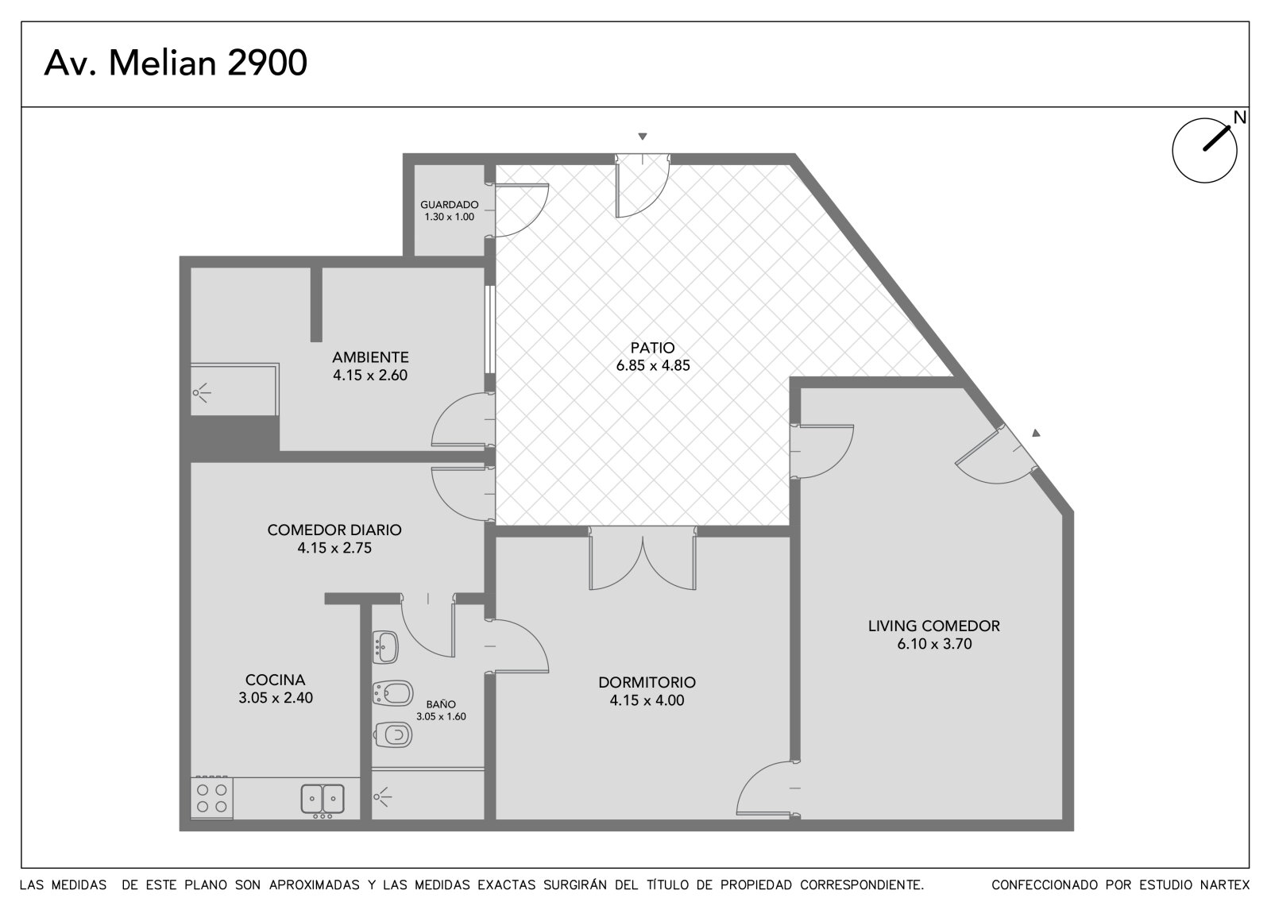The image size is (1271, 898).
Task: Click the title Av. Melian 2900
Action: [176, 63]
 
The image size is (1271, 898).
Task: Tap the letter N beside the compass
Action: [1240, 118]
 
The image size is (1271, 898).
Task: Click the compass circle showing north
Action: [1204, 150]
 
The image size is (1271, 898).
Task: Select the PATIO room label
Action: [652, 347]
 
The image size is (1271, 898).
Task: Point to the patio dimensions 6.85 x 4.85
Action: [653, 365]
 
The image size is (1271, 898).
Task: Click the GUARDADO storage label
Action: [450, 205]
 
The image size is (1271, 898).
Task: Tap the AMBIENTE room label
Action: [370, 357]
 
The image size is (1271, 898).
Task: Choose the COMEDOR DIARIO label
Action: [334, 530]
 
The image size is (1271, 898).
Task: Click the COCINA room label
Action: [275, 680]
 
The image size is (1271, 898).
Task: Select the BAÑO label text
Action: [441, 704]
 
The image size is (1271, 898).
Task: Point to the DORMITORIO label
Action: [647, 682]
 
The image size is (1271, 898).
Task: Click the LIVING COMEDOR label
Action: [934, 626]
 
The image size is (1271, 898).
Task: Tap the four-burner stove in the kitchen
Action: [211, 798]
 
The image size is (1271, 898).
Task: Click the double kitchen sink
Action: [323, 799]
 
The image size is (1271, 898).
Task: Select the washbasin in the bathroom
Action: [385, 647]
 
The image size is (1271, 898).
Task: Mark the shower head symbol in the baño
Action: [382, 797]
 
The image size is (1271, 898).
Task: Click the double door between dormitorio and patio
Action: [643, 558]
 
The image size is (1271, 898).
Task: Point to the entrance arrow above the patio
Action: [643, 136]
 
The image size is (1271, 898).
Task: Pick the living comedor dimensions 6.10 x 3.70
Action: [934, 644]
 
